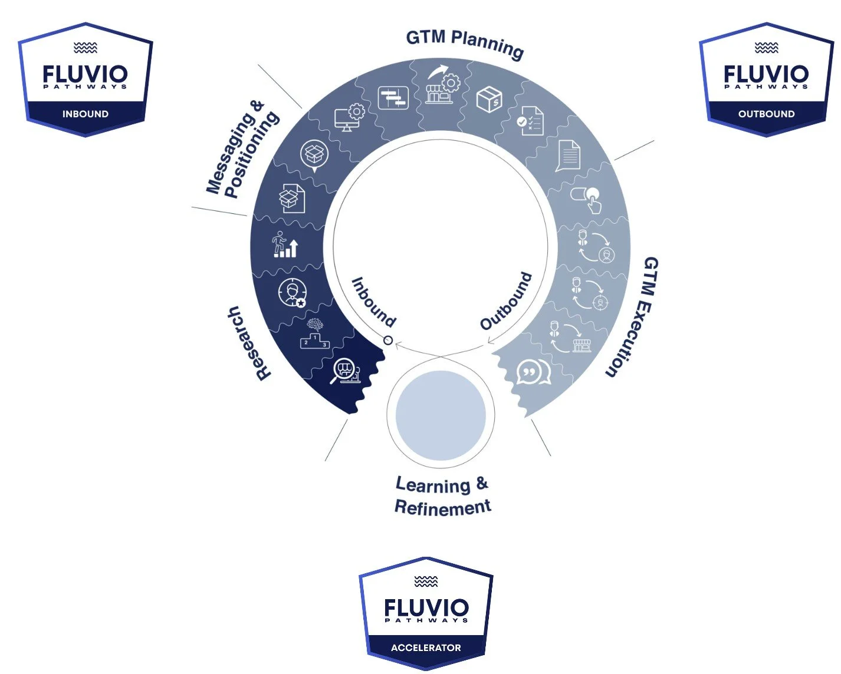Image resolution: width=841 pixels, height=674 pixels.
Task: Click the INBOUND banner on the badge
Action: (x=86, y=114)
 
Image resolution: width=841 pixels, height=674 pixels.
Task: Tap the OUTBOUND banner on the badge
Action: (x=766, y=114)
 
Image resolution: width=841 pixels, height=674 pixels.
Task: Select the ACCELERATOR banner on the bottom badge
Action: (x=426, y=647)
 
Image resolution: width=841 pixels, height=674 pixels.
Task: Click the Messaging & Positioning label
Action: (x=242, y=150)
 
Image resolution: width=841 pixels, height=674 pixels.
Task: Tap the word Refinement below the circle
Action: (x=442, y=507)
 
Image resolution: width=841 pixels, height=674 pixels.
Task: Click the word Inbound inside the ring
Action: (x=374, y=302)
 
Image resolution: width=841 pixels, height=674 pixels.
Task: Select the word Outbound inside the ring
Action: (x=506, y=301)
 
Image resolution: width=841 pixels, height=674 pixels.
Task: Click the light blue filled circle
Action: (x=441, y=415)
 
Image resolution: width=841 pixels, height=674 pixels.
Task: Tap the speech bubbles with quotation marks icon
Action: (x=533, y=372)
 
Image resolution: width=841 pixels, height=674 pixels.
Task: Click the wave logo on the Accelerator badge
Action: (x=426, y=582)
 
